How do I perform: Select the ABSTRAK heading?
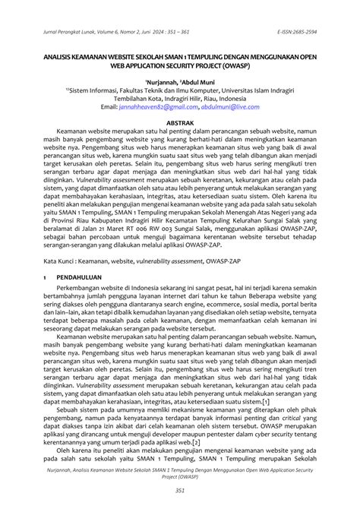(x=180, y=122)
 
